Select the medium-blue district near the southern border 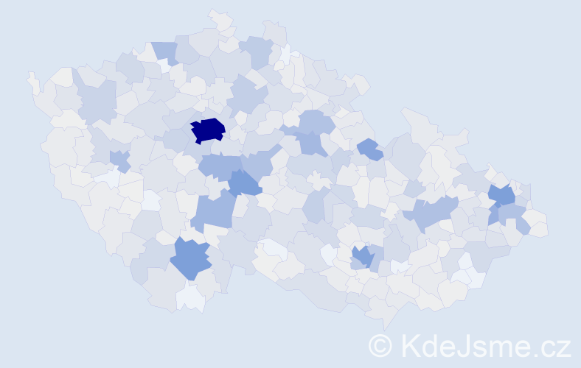[x=191, y=258]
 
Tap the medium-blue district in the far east [x=503, y=197]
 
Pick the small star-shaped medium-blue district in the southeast [x=361, y=257]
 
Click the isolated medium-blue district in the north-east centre [x=370, y=149]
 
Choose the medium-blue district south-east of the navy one [x=244, y=183]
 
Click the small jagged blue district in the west [x=119, y=160]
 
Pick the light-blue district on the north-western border [x=164, y=52]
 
